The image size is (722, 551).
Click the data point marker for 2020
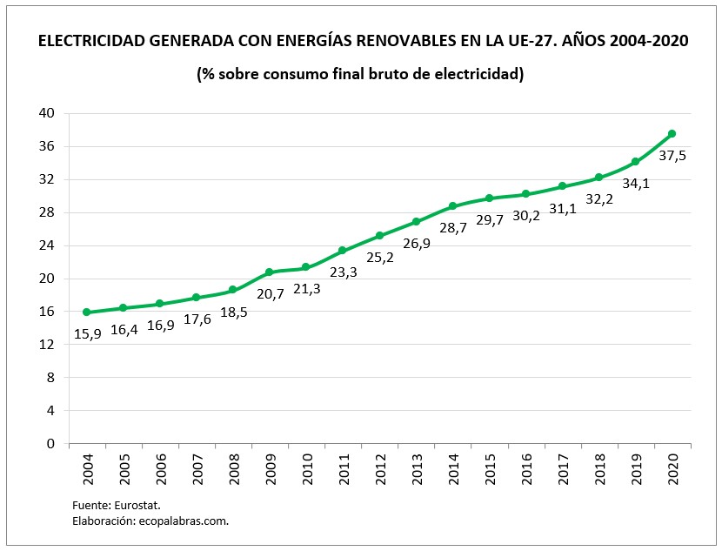[672, 134]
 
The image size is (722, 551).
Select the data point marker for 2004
[86, 312]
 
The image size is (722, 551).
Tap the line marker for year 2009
[269, 272]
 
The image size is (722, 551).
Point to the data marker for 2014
[452, 206]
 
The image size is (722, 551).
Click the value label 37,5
[672, 156]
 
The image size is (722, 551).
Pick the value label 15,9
[86, 334]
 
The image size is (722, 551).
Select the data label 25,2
[379, 259]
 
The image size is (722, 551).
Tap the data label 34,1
[635, 184]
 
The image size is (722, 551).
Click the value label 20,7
[269, 294]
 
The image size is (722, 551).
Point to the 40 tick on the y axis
[47, 113]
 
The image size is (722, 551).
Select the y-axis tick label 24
[47, 245]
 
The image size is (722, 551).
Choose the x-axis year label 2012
[379, 471]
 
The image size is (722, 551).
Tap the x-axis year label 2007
[197, 471]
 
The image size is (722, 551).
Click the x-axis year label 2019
[635, 471]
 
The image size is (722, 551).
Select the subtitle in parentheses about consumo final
[360, 74]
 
